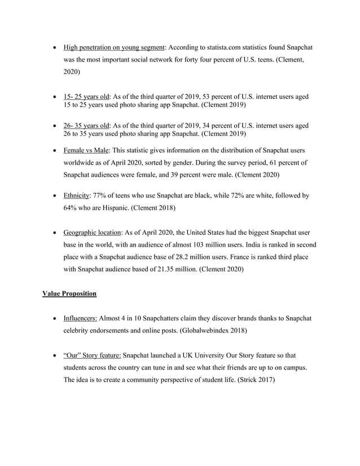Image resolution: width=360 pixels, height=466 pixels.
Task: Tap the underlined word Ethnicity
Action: (x=77, y=196)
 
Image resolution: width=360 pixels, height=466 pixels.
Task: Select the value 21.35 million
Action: (x=174, y=269)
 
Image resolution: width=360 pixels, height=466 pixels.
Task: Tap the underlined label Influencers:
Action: (x=80, y=318)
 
